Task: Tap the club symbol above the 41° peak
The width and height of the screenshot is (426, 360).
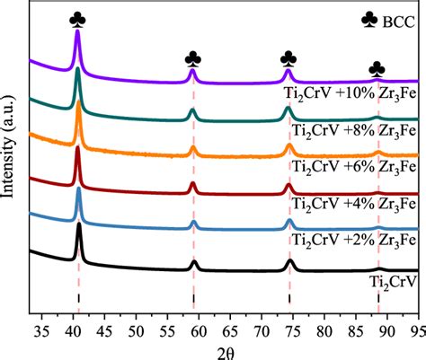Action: (78, 17)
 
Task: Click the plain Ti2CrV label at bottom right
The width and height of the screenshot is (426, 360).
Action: (393, 282)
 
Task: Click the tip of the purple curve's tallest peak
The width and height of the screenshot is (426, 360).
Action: (78, 32)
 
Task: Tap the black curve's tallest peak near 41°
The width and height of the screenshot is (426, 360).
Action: (79, 224)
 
